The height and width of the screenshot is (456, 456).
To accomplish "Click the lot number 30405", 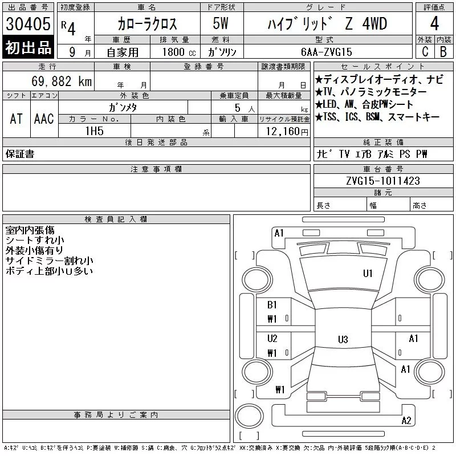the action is coord(28,24).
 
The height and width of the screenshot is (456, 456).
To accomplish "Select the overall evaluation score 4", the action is coord(434,23).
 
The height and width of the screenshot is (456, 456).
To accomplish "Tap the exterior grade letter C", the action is coord(425,51).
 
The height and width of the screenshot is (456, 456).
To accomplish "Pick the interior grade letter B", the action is coord(443,51).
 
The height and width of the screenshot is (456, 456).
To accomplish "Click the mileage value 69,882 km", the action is coord(62,82).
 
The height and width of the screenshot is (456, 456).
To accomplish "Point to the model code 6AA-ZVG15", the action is coord(326,52).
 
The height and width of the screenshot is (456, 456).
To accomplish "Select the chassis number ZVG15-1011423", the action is coord(383,181).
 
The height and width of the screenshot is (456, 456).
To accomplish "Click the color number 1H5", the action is coord(95,131).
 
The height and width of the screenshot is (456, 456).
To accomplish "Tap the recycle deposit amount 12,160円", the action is coord(287,132).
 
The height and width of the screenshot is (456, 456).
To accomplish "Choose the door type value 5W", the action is coord(221,23).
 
